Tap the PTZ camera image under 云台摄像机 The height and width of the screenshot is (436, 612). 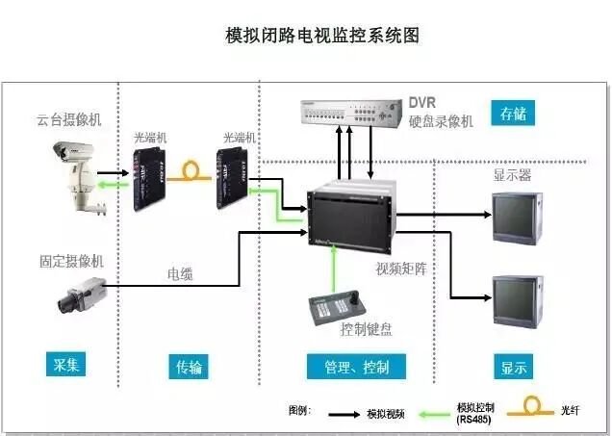75,172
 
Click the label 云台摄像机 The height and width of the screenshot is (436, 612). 70,119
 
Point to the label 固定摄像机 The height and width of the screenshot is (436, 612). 71,260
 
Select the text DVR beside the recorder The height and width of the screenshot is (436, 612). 423,102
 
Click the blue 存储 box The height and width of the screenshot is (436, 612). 513,114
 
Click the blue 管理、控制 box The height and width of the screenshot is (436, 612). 355,366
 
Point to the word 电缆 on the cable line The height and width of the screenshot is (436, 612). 179,274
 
